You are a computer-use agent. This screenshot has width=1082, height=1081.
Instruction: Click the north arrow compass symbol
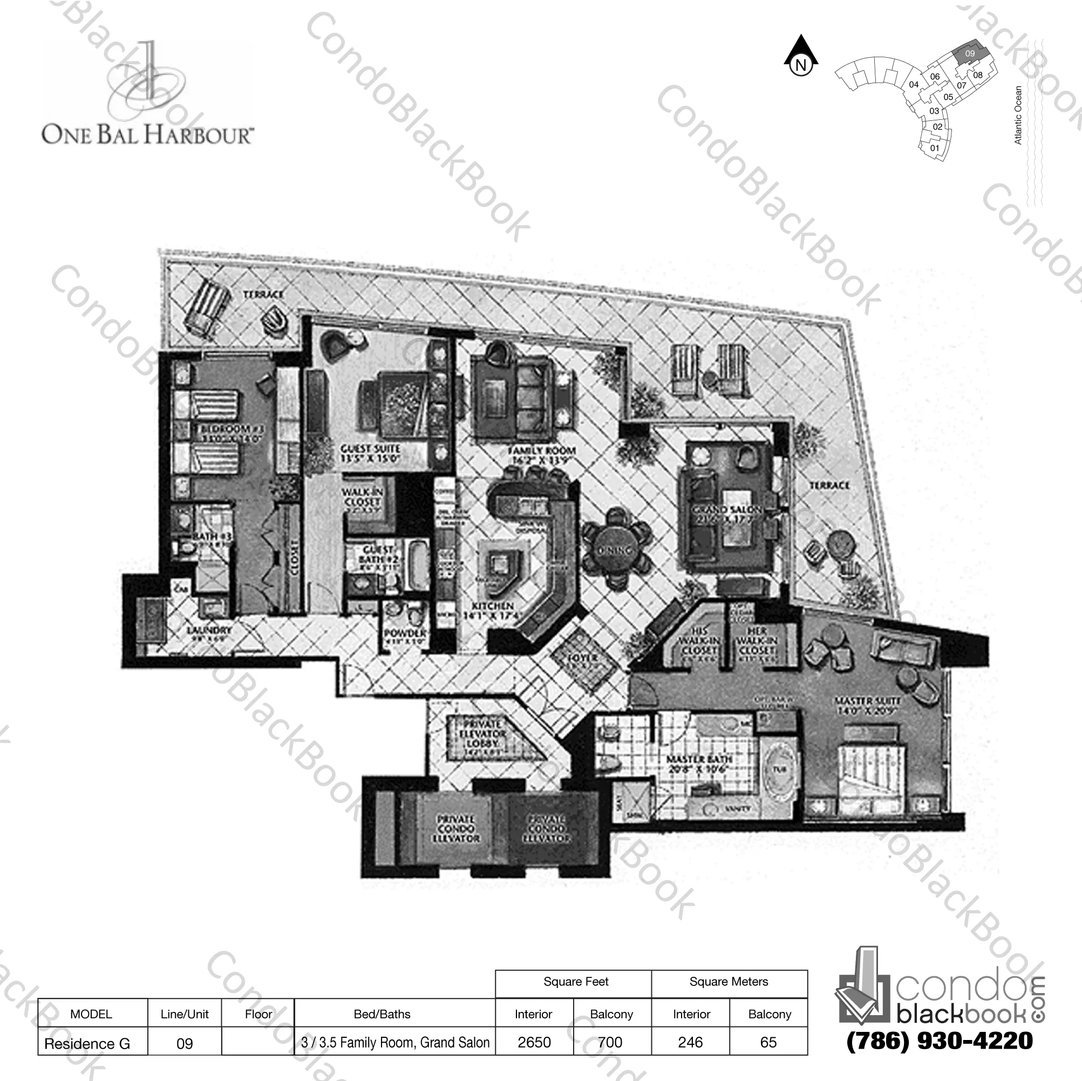coord(801,56)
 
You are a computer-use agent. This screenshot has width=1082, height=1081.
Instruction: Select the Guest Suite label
coord(370,454)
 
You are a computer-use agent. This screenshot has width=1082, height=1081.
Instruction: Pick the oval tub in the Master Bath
coord(779,770)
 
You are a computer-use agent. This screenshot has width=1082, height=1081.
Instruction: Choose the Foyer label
coord(582,657)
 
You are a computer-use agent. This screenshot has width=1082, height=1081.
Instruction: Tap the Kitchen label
coord(493,610)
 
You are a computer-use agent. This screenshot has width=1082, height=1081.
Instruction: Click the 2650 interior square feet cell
coord(534,1042)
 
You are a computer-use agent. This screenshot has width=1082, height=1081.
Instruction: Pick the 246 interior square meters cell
coord(690,1042)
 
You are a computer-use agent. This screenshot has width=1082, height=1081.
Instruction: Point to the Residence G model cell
coord(87,1043)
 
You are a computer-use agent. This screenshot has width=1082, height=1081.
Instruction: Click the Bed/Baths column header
coord(382,1014)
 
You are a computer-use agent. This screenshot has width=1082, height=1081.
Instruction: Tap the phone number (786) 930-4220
coord(939,1041)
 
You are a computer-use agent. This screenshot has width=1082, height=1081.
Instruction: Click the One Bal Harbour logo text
coord(148,135)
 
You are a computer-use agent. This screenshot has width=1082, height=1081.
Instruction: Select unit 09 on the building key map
coord(970,54)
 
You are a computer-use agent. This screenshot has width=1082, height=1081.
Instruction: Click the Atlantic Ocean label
coord(1018,115)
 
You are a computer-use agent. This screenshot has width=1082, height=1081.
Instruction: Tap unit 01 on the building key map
coord(935,148)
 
